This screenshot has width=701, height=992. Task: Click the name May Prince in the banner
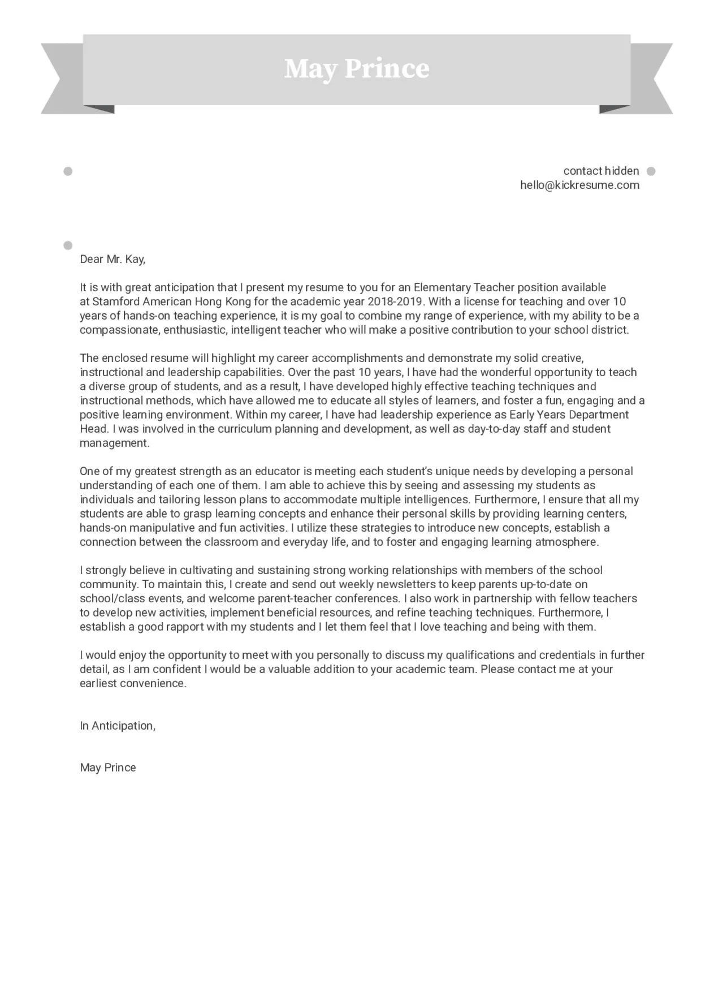point(356,68)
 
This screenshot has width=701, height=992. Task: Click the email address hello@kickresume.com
point(579,185)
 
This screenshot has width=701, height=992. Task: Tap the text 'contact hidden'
point(601,171)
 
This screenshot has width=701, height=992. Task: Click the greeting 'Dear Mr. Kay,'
point(112,259)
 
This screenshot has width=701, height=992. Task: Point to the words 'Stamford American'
point(142,301)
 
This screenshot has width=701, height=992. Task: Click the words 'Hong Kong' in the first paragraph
point(223,301)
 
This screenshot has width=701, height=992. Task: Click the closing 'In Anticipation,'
point(118,726)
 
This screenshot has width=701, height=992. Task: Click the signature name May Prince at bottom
point(108,767)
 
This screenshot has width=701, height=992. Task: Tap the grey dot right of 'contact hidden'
point(651,171)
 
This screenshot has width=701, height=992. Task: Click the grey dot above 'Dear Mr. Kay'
point(68,245)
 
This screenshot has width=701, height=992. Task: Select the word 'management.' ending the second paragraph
point(115,443)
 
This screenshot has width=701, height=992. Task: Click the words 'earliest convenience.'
point(133,683)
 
